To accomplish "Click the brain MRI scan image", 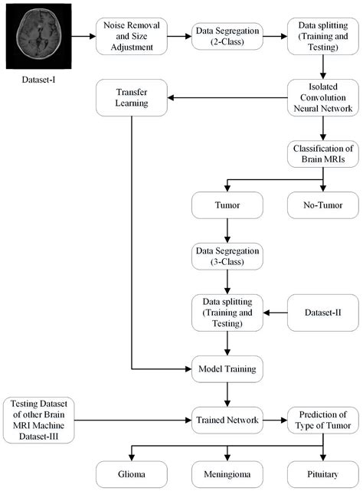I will click(x=36, y=36).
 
